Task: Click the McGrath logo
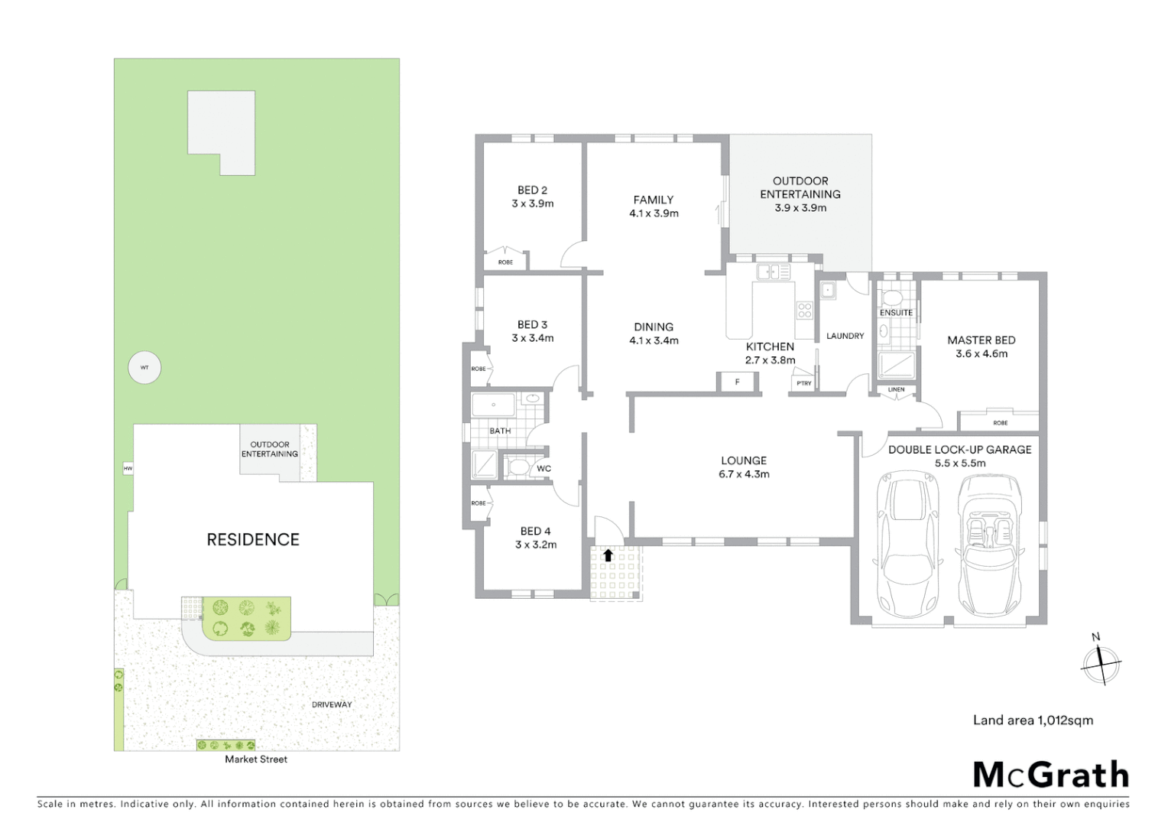click(1050, 775)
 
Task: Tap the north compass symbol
click(1100, 662)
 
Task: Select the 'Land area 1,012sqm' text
click(1033, 720)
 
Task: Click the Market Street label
click(256, 759)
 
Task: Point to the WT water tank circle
click(144, 368)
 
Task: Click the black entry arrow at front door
click(608, 555)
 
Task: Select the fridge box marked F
click(737, 382)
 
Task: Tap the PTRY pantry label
click(803, 383)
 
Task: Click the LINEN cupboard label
click(896, 390)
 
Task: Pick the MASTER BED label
click(981, 340)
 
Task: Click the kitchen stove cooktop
click(804, 310)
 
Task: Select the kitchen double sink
click(774, 272)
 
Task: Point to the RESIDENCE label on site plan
click(253, 540)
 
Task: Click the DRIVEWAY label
click(332, 704)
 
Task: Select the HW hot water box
click(128, 468)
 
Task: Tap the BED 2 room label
click(532, 190)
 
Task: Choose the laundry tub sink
click(827, 290)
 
